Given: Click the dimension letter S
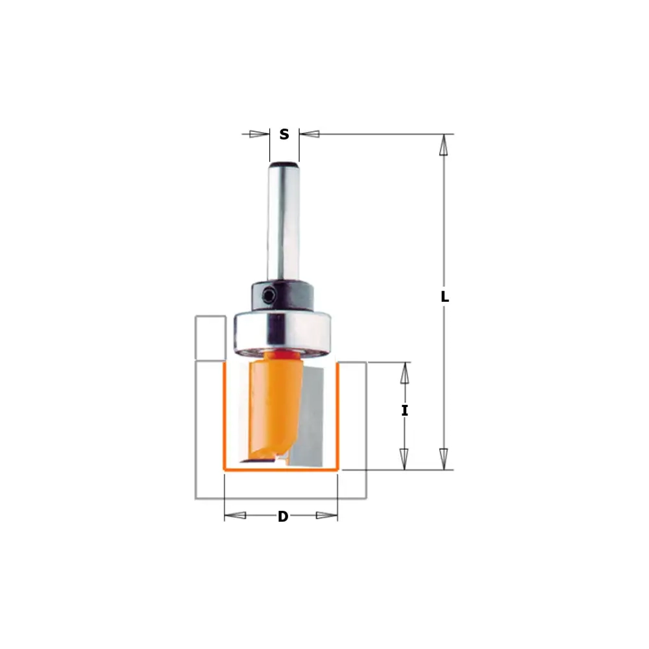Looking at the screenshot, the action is pyautogui.click(x=284, y=134).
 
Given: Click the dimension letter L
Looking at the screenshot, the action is pyautogui.click(x=445, y=297).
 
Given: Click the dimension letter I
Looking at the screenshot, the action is pyautogui.click(x=404, y=411).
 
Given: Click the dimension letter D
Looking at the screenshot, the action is pyautogui.click(x=283, y=516).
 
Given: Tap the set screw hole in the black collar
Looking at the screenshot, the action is pyautogui.click(x=269, y=295).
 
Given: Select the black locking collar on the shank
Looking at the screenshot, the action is pyautogui.click(x=281, y=295).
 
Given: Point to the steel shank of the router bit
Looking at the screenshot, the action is pyautogui.click(x=284, y=222).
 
